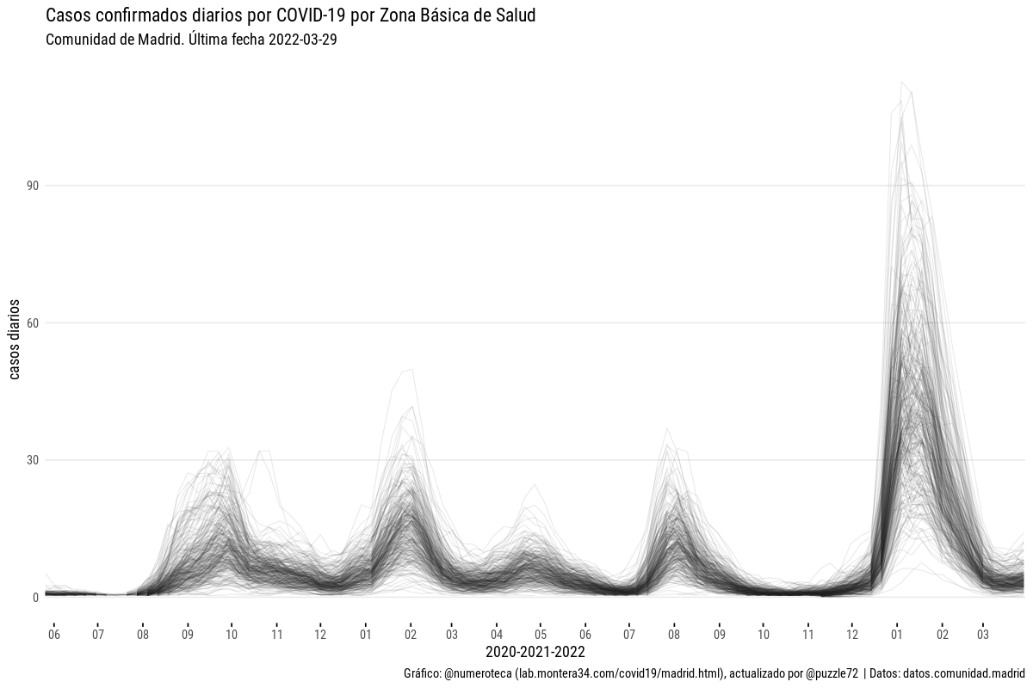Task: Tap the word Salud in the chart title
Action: tap(515, 15)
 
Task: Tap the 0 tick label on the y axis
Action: tap(35, 598)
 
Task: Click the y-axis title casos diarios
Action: tap(15, 340)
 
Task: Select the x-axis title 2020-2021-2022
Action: tap(535, 652)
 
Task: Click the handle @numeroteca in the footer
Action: tap(478, 673)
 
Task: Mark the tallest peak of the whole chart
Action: tap(901, 83)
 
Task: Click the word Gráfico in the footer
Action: tap(422, 673)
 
